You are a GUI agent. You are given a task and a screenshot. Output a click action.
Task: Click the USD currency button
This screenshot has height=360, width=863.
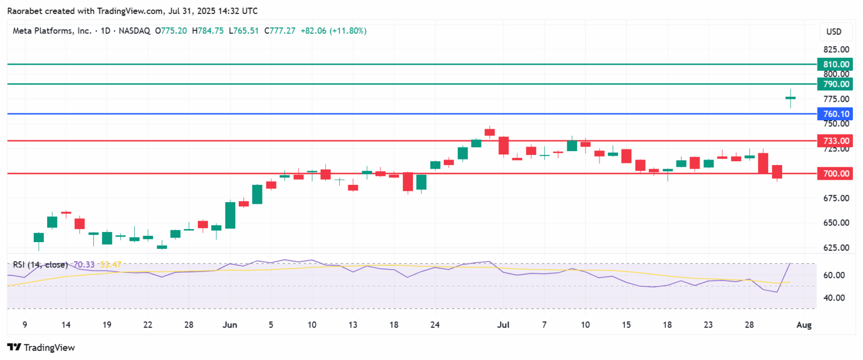(834, 31)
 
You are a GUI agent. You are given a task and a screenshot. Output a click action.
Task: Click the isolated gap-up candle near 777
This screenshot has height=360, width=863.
(791, 98)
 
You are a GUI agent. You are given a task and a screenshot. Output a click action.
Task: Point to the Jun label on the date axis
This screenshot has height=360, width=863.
(229, 325)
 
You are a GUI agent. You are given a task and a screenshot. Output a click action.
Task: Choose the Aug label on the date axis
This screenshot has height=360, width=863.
(805, 325)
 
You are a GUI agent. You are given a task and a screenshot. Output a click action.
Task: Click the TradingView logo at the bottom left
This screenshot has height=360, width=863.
(40, 348)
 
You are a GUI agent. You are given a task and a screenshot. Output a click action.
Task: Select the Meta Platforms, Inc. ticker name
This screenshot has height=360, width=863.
(52, 31)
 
